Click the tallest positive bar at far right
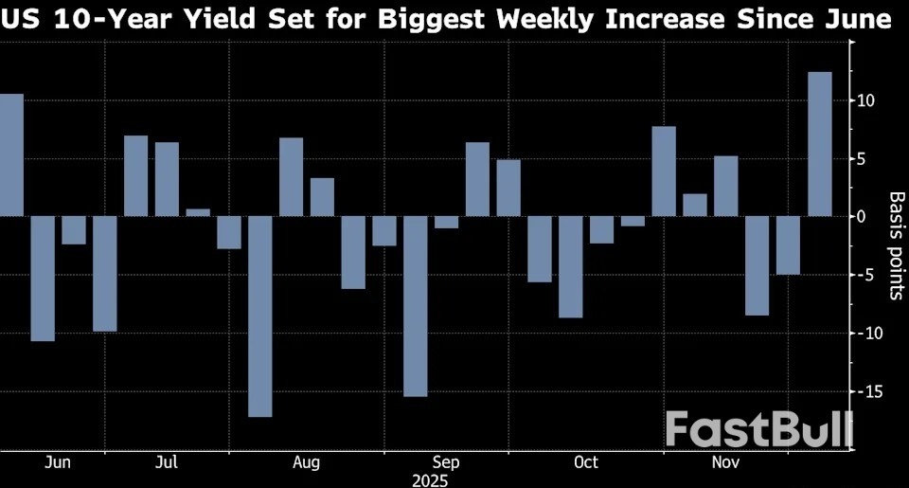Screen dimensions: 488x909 click(819, 144)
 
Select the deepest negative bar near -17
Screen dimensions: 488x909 click(259, 316)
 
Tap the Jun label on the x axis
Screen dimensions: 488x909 click(58, 462)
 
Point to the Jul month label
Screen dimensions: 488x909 click(167, 462)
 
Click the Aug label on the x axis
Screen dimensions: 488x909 click(306, 462)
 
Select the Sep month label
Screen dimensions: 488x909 click(445, 462)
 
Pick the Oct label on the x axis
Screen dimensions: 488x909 click(585, 462)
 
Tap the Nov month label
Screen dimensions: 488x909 click(725, 462)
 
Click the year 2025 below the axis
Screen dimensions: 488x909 click(431, 479)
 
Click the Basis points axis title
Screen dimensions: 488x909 click(895, 245)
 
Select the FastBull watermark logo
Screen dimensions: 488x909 click(757, 429)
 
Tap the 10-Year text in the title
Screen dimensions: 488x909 click(102, 20)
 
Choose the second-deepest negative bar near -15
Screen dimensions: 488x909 click(415, 306)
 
